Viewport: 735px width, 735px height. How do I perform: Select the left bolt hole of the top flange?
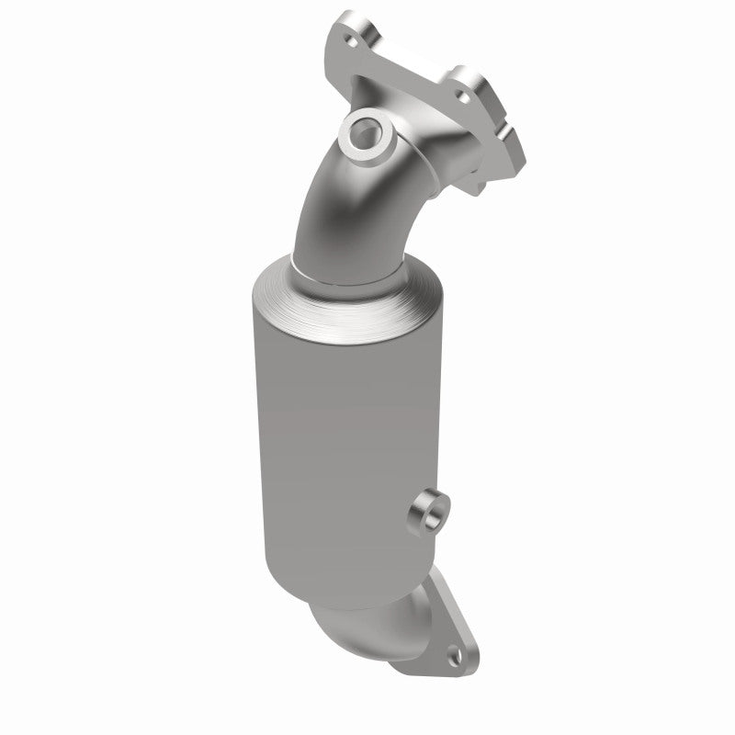(x=349, y=42)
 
